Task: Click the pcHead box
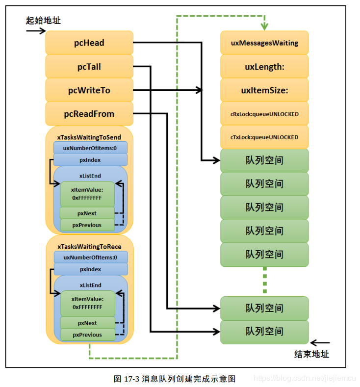click(89, 43)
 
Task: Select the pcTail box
click(89, 67)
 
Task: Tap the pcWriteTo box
click(89, 90)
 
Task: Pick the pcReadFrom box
click(89, 114)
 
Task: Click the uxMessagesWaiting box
click(264, 43)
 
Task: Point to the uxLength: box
click(264, 67)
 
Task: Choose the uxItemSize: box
click(264, 90)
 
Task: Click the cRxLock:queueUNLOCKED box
click(264, 114)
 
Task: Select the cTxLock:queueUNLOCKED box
click(264, 137)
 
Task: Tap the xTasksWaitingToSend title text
click(89, 137)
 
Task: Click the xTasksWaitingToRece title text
click(89, 246)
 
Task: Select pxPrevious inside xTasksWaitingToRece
click(87, 335)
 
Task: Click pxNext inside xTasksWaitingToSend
click(87, 213)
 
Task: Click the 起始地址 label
click(44, 21)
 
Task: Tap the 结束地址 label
click(311, 354)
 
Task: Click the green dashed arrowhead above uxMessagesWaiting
click(264, 25)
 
